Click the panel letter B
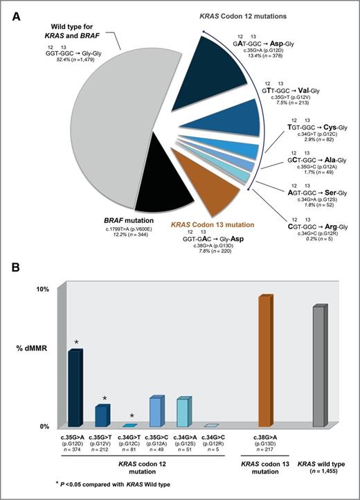17,266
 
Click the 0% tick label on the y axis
42,427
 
